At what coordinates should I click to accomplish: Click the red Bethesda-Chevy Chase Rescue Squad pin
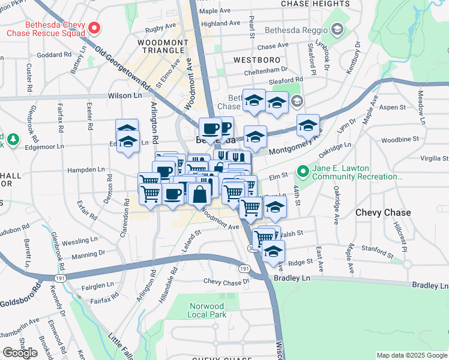[94, 28]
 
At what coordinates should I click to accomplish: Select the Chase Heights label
[315, 4]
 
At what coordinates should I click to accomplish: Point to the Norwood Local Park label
[206, 310]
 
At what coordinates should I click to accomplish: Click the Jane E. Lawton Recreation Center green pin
[303, 172]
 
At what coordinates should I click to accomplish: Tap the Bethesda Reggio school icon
[337, 29]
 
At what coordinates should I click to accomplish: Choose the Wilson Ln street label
[125, 95]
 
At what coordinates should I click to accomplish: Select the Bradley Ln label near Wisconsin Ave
[291, 278]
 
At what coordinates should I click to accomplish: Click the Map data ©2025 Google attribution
[411, 355]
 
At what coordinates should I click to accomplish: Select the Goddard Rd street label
[50, 54]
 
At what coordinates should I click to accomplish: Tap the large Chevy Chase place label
[383, 212]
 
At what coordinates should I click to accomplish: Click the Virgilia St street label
[434, 158]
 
